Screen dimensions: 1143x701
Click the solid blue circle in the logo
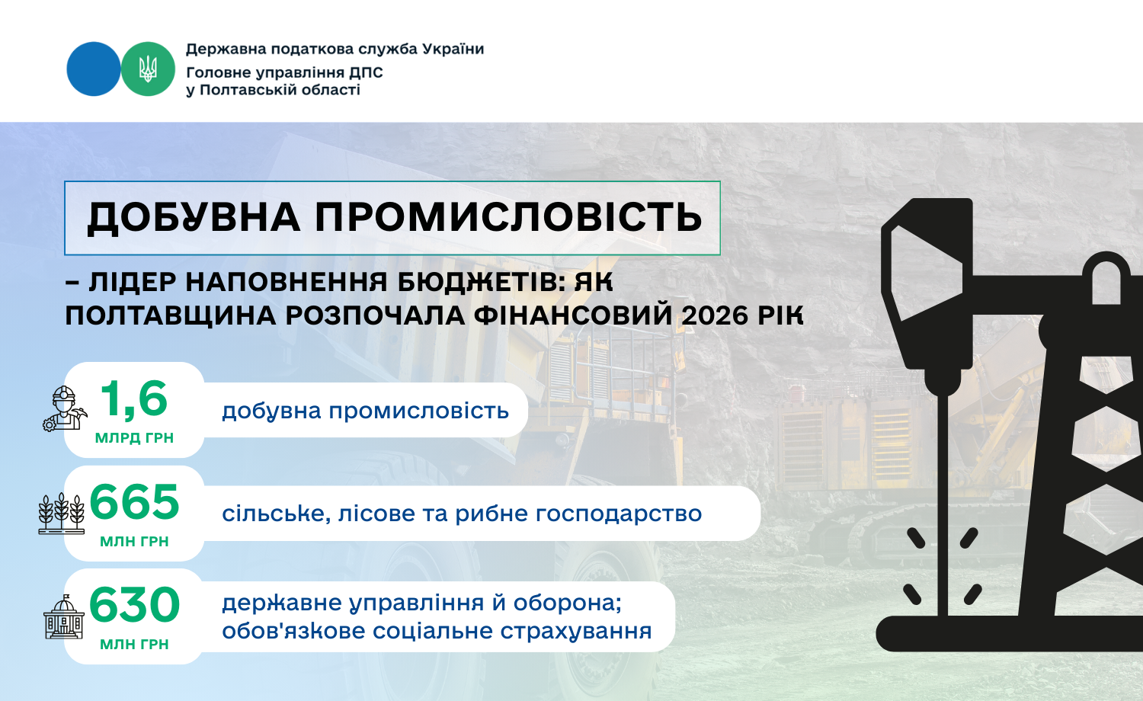(x=94, y=69)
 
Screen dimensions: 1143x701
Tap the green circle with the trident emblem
(x=148, y=69)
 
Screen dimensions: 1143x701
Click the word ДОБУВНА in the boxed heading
(x=194, y=218)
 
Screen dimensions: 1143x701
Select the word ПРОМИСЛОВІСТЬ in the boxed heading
(x=508, y=217)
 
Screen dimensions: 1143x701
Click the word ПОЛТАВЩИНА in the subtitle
(x=171, y=316)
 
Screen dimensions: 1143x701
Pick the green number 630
(x=134, y=604)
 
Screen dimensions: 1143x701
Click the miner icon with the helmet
(x=65, y=408)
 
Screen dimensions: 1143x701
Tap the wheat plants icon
(x=61, y=514)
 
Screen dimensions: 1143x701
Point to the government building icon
(x=64, y=617)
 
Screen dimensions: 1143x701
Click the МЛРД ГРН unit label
(x=134, y=437)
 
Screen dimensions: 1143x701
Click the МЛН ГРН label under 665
(x=134, y=541)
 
